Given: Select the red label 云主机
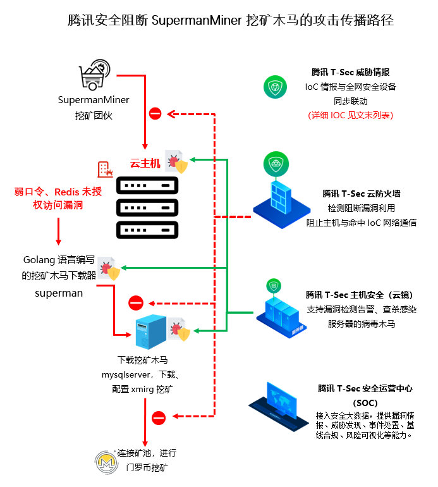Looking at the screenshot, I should pyautogui.click(x=145, y=163).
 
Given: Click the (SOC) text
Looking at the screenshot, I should pyautogui.click(x=365, y=402).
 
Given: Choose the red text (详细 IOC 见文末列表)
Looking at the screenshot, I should pyautogui.click(x=350, y=115).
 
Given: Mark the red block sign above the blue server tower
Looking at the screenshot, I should pyautogui.click(x=136, y=303).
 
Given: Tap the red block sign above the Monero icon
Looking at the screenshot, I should pyautogui.click(x=159, y=417).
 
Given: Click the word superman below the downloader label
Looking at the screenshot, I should pyautogui.click(x=58, y=293).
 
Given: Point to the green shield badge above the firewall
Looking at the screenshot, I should pyautogui.click(x=276, y=164).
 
